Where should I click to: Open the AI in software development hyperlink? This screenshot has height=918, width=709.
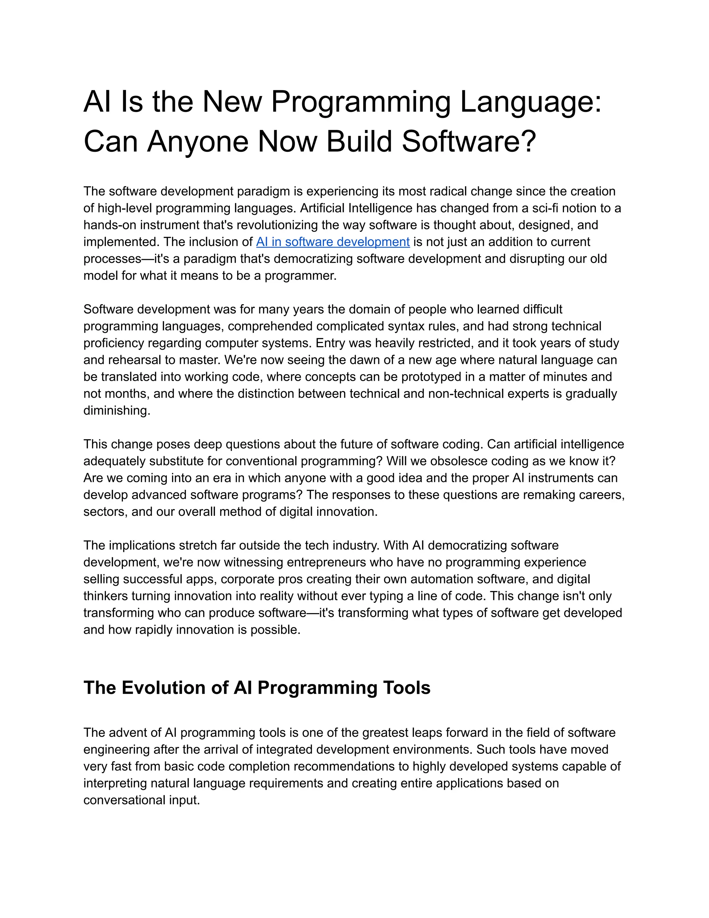click(333, 242)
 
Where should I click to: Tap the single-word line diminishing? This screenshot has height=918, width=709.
click(116, 411)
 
